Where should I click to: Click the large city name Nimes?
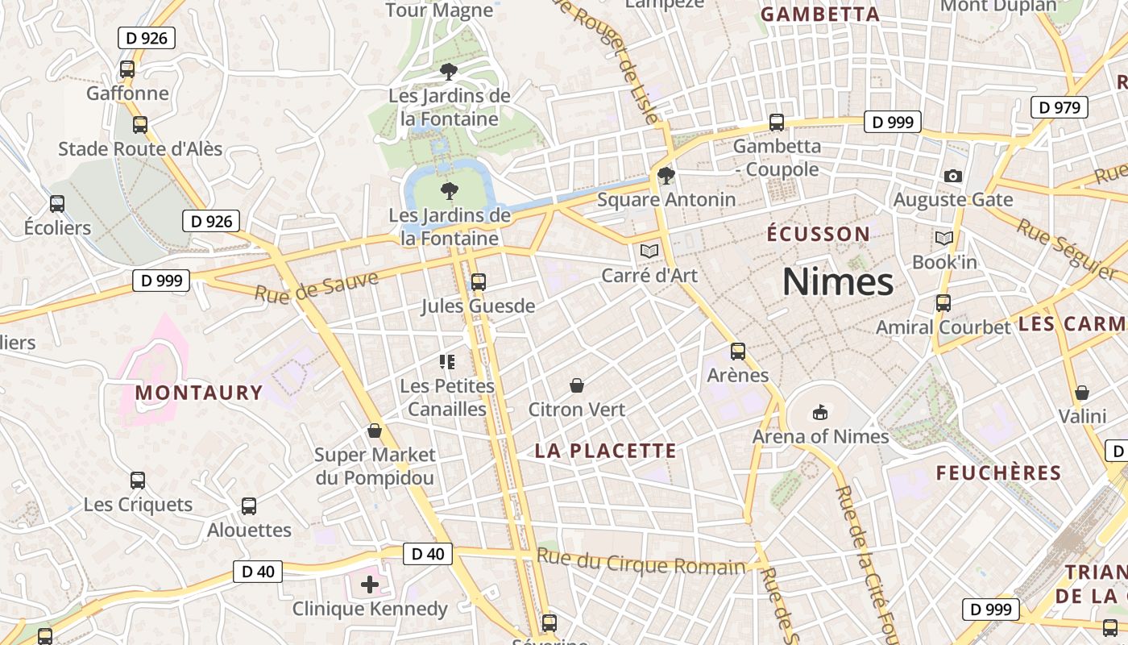pyautogui.click(x=837, y=282)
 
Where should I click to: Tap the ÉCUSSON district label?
pyautogui.click(x=818, y=235)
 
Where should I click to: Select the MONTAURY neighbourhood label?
pyautogui.click(x=199, y=393)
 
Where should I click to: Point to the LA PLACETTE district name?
pyautogui.click(x=606, y=451)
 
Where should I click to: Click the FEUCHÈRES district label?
pyautogui.click(x=998, y=473)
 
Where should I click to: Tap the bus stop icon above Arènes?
pyautogui.click(x=737, y=352)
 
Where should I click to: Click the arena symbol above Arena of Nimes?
pyautogui.click(x=820, y=413)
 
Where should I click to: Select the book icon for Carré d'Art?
pyautogui.click(x=649, y=251)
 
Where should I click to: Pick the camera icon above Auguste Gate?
pyautogui.click(x=952, y=176)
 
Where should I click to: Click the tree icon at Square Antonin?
pyautogui.click(x=666, y=175)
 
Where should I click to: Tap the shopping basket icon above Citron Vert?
pyautogui.click(x=577, y=385)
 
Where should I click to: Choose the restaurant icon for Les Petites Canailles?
pyautogui.click(x=447, y=362)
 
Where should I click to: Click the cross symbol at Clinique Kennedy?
pyautogui.click(x=370, y=584)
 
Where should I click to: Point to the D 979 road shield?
pyautogui.click(x=1060, y=107)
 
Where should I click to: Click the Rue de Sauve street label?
pyautogui.click(x=317, y=287)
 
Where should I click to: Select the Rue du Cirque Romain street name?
pyautogui.click(x=641, y=562)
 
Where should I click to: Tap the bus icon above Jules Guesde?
pyautogui.click(x=479, y=282)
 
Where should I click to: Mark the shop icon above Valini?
pyautogui.click(x=1082, y=393)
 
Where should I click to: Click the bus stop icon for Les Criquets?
pyautogui.click(x=138, y=481)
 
